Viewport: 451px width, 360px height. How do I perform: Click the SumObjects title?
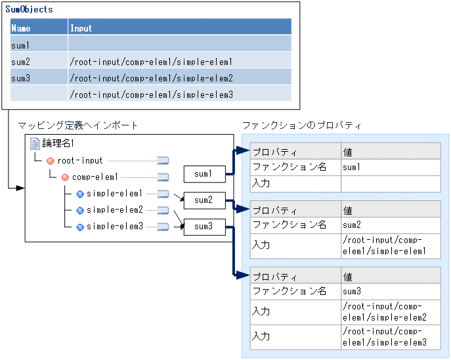[x=29, y=10]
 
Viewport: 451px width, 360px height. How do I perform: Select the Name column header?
[x=21, y=28]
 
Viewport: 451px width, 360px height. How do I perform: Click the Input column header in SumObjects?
[x=81, y=28]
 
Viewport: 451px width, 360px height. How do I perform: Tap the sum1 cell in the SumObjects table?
[x=20, y=45]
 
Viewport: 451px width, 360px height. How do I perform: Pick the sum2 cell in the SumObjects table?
[x=20, y=62]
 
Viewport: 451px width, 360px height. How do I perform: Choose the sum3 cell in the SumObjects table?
[x=20, y=78]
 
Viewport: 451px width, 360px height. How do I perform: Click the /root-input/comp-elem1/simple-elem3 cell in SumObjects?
[x=151, y=95]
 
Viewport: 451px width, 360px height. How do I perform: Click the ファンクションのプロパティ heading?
[x=301, y=125]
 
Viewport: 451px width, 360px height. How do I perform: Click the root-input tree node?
[x=79, y=160]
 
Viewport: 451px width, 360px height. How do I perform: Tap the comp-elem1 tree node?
[x=95, y=177]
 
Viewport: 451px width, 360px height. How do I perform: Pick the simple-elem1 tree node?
[x=114, y=194]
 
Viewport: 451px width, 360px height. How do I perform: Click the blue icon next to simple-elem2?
[x=80, y=210]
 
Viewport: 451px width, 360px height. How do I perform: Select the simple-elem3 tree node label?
[x=114, y=227]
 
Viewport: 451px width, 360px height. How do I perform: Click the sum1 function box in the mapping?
[x=204, y=174]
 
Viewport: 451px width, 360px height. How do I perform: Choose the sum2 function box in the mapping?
[x=204, y=200]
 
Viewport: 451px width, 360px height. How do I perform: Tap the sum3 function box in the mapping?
[x=204, y=227]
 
